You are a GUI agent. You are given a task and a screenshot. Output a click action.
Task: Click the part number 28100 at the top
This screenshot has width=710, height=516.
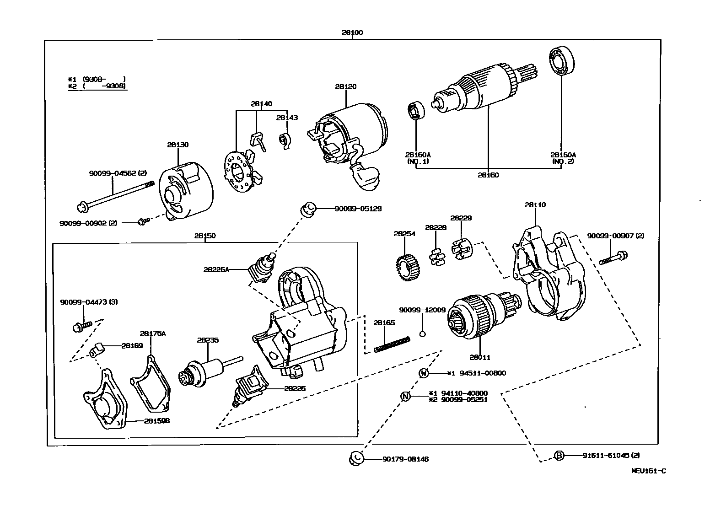[x=352, y=33]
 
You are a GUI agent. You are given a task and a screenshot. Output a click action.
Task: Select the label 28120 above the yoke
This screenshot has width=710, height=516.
[x=345, y=86]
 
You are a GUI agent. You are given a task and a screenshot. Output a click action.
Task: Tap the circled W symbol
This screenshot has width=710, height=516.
[x=424, y=373]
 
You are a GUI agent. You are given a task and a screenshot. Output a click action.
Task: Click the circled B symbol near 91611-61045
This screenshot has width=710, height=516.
[x=559, y=456]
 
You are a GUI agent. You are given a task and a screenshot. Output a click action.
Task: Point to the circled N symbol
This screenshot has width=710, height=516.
[x=405, y=396]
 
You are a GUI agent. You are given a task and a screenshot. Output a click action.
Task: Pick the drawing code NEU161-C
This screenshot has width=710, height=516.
[x=648, y=471]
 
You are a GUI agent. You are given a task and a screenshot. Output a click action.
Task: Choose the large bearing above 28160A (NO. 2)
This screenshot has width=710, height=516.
[x=561, y=60]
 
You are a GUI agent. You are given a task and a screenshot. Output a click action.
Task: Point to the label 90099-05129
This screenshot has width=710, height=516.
[x=358, y=209]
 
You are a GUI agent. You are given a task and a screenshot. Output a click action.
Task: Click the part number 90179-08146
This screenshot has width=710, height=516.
[x=405, y=459]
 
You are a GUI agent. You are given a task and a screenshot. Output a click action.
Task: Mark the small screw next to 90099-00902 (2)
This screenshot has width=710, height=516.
[x=142, y=222]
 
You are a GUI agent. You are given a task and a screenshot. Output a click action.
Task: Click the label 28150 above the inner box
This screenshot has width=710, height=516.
[x=205, y=236]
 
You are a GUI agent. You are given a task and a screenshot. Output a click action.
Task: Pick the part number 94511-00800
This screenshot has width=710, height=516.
[x=483, y=373]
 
